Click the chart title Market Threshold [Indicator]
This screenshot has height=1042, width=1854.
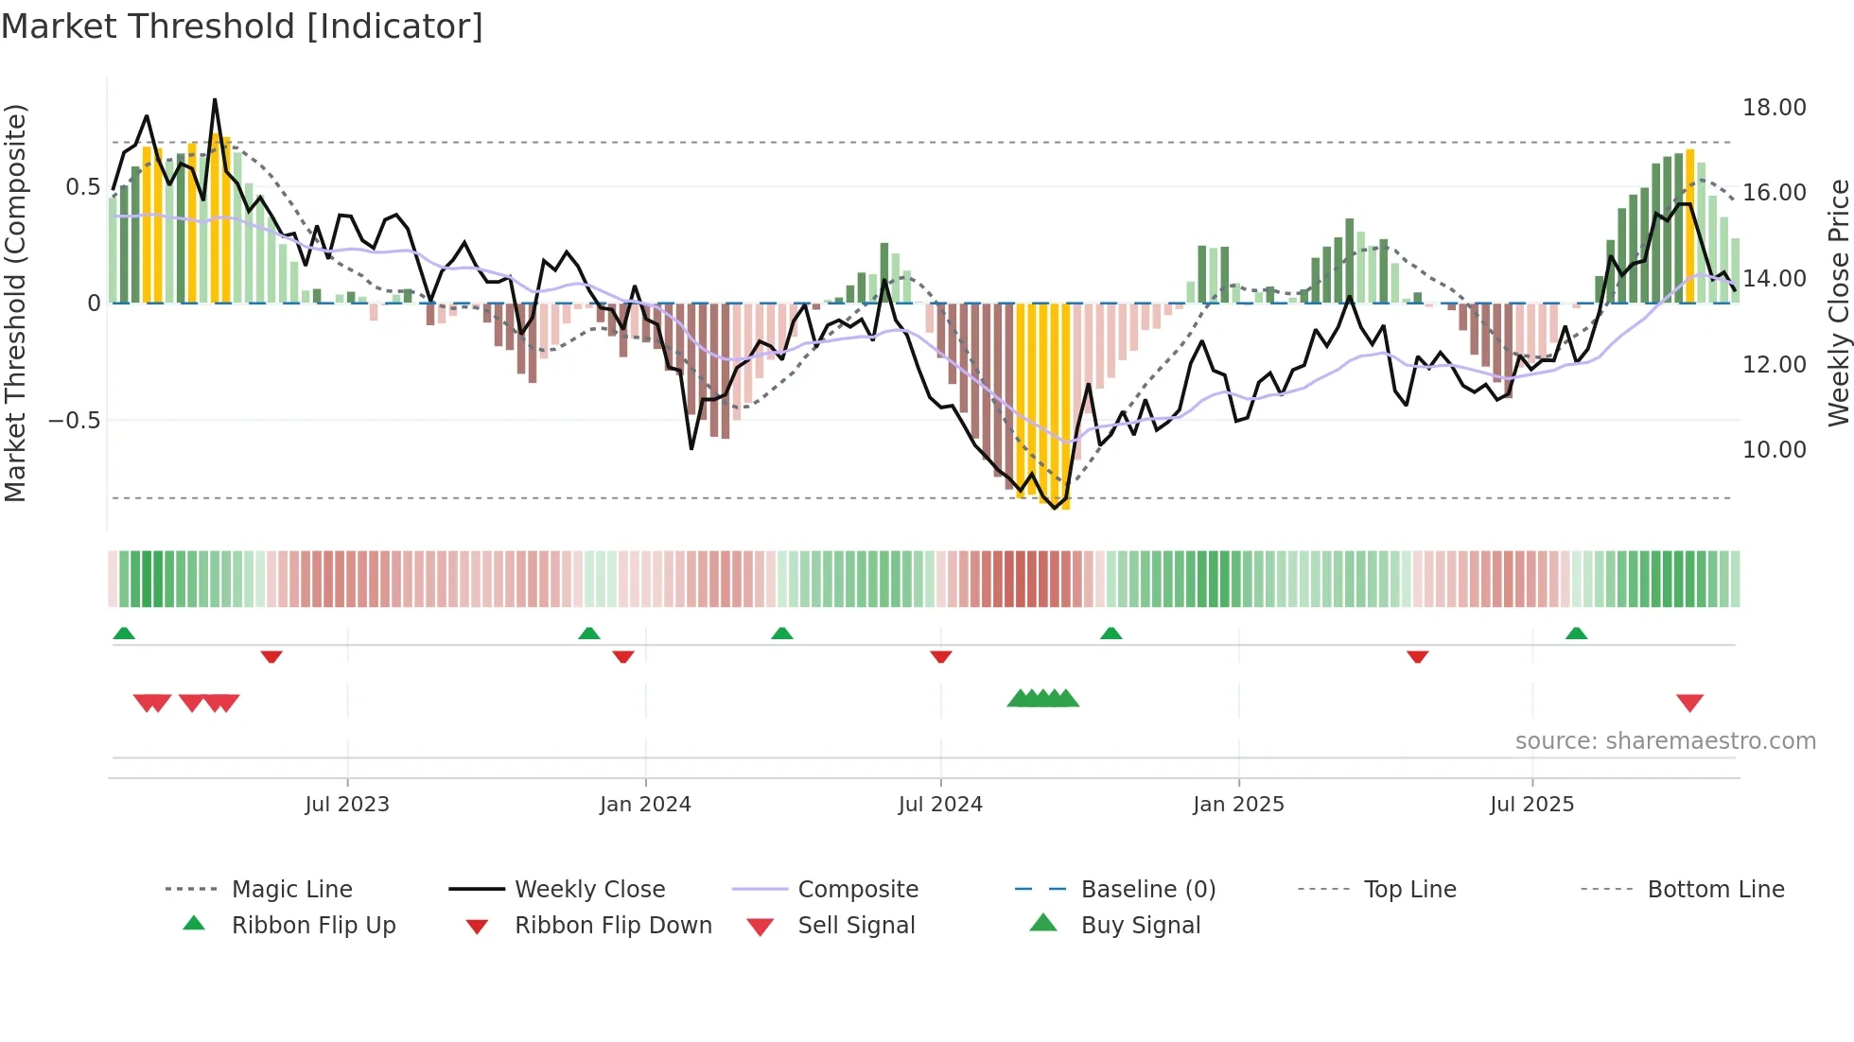tap(242, 26)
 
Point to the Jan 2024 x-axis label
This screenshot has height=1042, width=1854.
tap(645, 804)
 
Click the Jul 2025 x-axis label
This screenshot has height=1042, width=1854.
tap(1531, 804)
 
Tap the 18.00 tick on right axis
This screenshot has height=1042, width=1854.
tap(1774, 108)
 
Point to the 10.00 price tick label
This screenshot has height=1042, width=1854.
tap(1774, 450)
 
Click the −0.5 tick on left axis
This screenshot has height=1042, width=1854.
tap(74, 420)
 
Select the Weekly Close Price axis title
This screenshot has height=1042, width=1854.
tap(1838, 303)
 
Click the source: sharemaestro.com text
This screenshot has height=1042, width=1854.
tap(1665, 740)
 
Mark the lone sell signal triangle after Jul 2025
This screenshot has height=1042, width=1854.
tap(1689, 703)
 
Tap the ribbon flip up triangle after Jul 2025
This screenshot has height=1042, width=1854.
tap(1576, 634)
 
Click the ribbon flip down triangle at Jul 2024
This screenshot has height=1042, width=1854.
tap(940, 656)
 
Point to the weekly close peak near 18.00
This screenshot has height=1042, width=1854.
tap(215, 100)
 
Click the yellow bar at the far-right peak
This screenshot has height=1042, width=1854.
tap(1689, 227)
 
